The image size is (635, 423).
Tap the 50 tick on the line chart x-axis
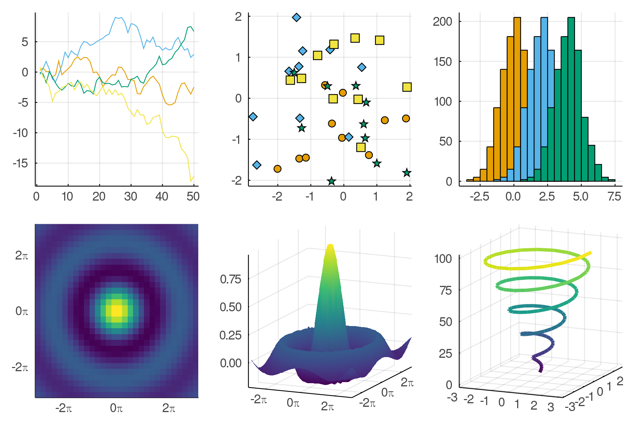point(193,196)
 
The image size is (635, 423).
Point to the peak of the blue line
point(116,17)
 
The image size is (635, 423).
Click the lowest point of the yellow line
point(191,181)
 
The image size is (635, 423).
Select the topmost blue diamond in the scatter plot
point(297,17)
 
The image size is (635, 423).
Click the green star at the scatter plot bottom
point(331,181)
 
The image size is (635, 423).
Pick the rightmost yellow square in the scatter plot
point(407,87)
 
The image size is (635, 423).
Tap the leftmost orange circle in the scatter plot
point(278,169)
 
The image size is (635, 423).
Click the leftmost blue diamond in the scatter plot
point(253,117)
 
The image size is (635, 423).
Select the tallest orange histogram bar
point(517,99)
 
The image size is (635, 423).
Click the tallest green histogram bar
point(571,99)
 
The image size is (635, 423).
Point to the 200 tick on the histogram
point(442,22)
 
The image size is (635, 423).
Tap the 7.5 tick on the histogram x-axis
point(614,196)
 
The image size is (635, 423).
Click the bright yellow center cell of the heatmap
point(116,311)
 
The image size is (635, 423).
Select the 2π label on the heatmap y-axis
point(22,256)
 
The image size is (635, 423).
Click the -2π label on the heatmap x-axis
point(64,408)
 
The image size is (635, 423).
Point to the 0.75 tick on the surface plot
point(230,279)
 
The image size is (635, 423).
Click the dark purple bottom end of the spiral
point(540,371)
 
